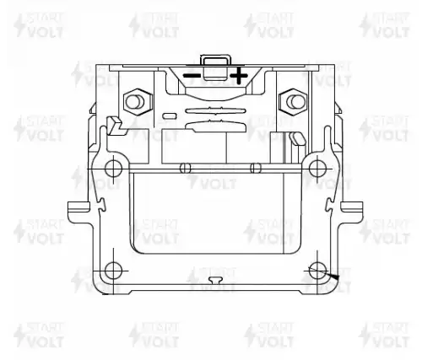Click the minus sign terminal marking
point(192,76)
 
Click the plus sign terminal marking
point(239,75)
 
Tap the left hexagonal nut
point(138,101)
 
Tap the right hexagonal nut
point(293,101)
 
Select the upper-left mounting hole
point(113,169)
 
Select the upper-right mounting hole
point(317,169)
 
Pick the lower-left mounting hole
point(113,271)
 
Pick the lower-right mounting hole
point(317,271)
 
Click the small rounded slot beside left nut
point(170,116)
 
